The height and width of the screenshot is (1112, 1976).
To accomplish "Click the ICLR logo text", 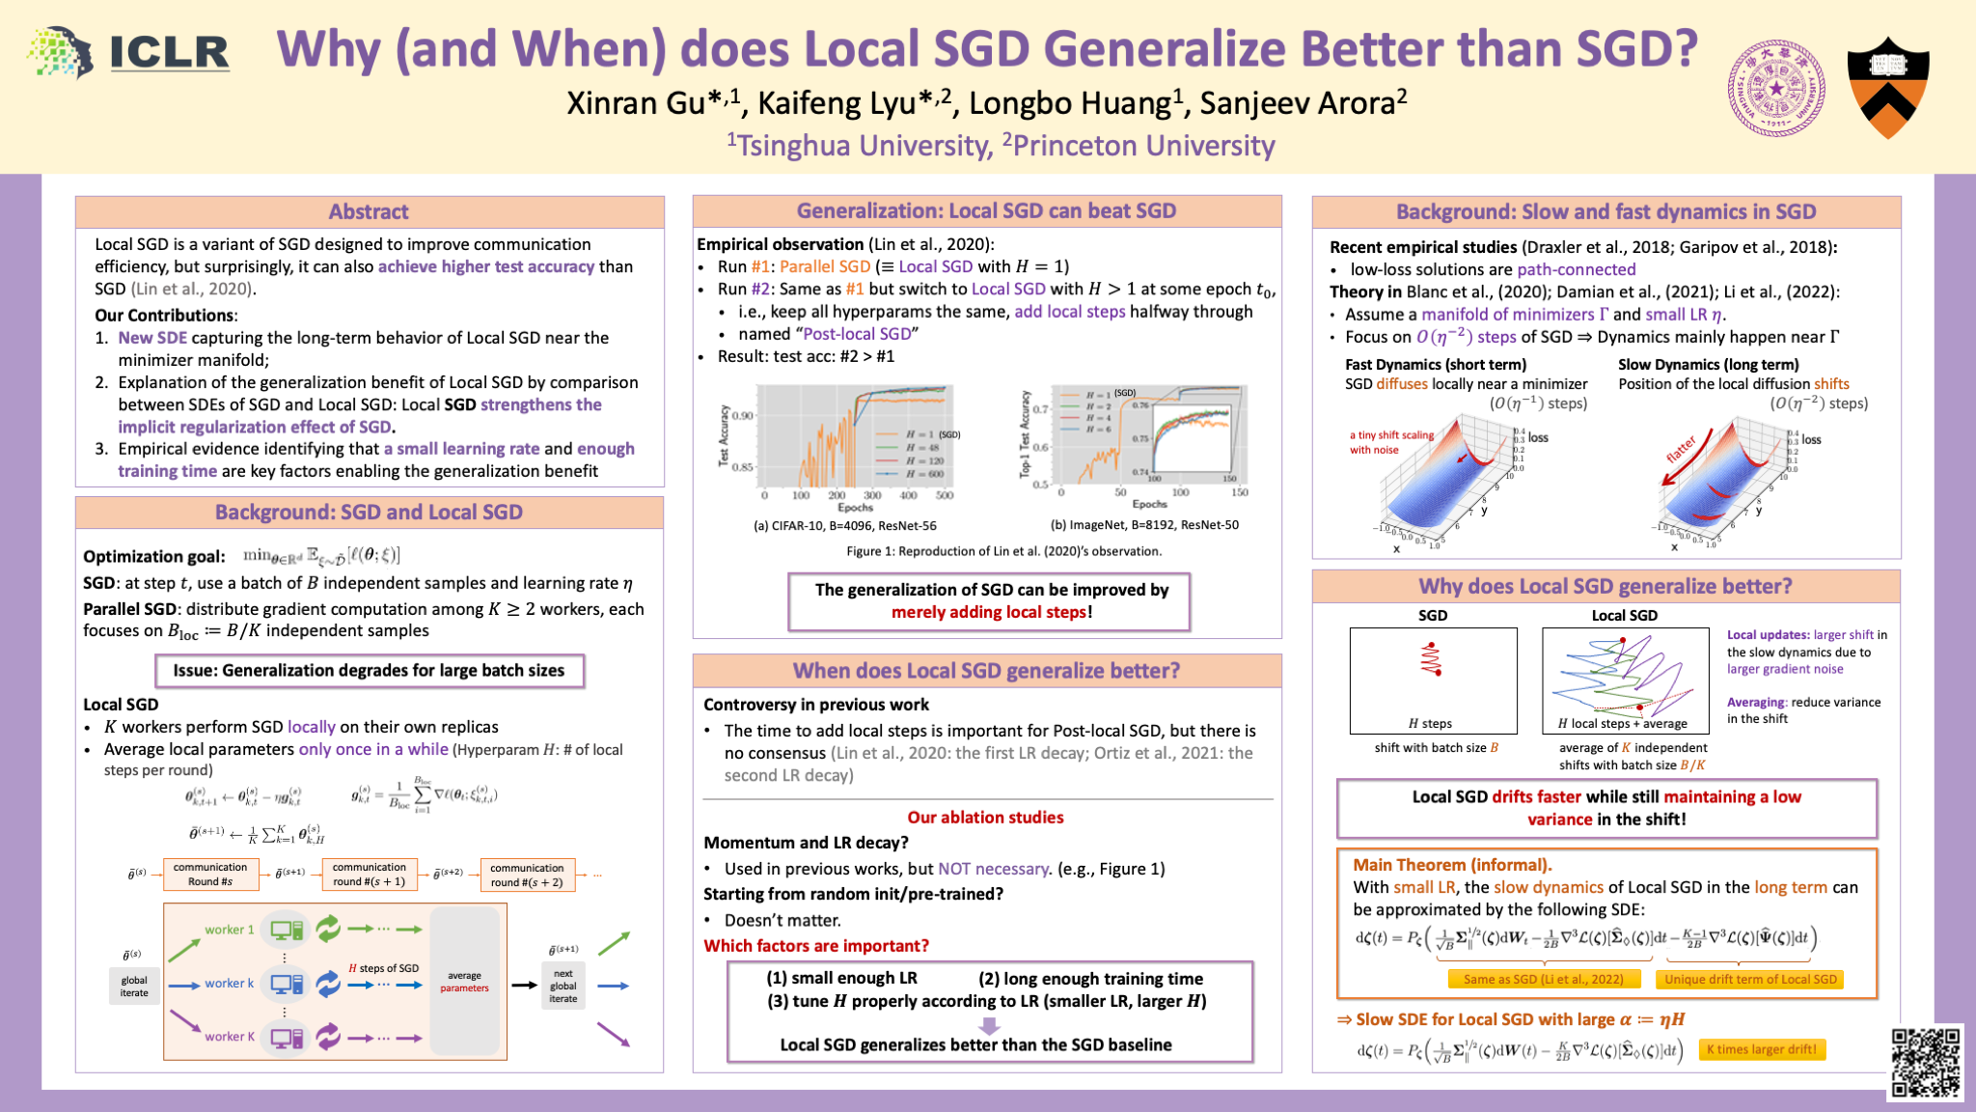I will [x=170, y=52].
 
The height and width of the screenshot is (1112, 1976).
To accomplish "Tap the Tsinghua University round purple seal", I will [x=1776, y=89].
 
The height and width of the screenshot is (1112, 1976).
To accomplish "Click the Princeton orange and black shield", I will [x=1888, y=89].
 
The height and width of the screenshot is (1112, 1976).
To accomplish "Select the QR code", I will [x=1925, y=1062].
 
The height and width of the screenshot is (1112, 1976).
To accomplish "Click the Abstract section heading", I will [x=369, y=211].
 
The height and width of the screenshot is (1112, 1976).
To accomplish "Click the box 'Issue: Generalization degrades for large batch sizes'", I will [x=369, y=670].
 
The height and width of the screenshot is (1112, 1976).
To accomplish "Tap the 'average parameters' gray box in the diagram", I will [x=465, y=981].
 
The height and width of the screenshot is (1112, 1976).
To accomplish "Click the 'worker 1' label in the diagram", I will [x=230, y=930].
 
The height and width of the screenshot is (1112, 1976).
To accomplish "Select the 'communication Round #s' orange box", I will [x=210, y=874].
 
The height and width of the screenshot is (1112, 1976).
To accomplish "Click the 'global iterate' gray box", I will [x=134, y=987].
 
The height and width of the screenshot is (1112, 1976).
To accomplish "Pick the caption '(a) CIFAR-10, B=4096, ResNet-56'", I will [x=844, y=526].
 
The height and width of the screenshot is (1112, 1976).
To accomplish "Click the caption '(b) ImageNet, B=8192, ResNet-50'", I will [x=1144, y=525].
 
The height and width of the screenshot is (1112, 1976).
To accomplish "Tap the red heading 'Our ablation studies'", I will [x=985, y=818].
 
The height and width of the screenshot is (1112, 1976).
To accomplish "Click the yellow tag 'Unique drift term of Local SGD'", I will [x=1749, y=979].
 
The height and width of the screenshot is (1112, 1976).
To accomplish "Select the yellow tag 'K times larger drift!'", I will [x=1761, y=1049].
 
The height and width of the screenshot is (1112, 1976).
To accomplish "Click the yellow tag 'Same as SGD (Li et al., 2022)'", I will [x=1543, y=979].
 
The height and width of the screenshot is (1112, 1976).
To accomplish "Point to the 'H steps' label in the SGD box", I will [x=1430, y=723].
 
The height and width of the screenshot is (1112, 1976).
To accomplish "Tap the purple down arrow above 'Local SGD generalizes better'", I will [x=988, y=1024].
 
